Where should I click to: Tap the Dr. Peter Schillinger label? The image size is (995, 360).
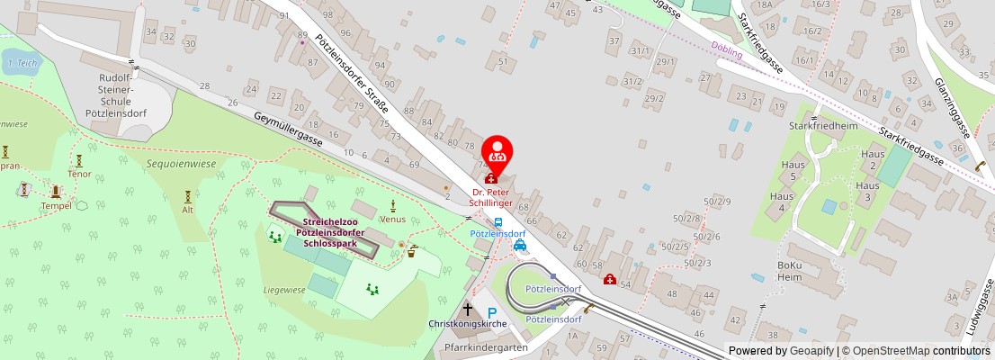click(x=493, y=197)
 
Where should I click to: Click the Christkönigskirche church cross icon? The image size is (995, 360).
click(x=467, y=309)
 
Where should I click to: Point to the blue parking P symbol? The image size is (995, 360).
click(x=492, y=313)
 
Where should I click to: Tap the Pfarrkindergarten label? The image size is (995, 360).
click(x=485, y=347)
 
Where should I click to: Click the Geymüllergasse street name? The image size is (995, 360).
click(x=287, y=130)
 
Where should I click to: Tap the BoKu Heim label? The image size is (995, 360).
click(x=789, y=272)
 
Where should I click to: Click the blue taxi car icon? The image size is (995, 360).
click(x=519, y=245)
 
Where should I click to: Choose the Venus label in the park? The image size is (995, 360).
click(x=392, y=219)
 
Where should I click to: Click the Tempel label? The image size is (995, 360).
click(x=55, y=205)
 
